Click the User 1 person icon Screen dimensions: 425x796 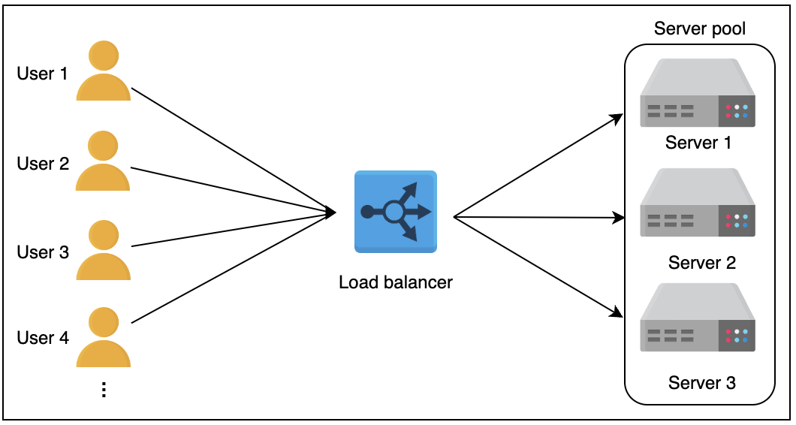pyautogui.click(x=103, y=72)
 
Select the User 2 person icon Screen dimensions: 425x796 pyautogui.click(x=103, y=161)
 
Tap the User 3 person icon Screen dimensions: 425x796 pyautogui.click(x=103, y=251)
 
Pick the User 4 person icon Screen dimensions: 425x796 pyautogui.click(x=103, y=337)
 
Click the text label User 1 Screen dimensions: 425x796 pyautogui.click(x=42, y=74)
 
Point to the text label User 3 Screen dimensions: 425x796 pyautogui.click(x=42, y=252)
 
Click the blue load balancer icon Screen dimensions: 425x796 pyautogui.click(x=395, y=211)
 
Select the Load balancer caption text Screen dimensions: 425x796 pyautogui.click(x=395, y=282)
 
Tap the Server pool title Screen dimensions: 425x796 pyautogui.click(x=700, y=29)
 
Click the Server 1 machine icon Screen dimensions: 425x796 pyautogui.click(x=698, y=93)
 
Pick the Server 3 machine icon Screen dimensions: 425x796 pyautogui.click(x=698, y=318)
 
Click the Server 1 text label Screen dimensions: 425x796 pyautogui.click(x=698, y=143)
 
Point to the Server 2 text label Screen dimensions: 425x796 pyautogui.click(x=701, y=263)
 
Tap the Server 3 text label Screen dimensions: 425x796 pyautogui.click(x=701, y=383)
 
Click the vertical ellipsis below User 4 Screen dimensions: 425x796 pyautogui.click(x=104, y=390)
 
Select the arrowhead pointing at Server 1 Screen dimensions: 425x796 pyautogui.click(x=618, y=118)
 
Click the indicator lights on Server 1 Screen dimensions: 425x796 pyautogui.click(x=736, y=111)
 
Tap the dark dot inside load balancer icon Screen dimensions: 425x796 pyautogui.click(x=366, y=212)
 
